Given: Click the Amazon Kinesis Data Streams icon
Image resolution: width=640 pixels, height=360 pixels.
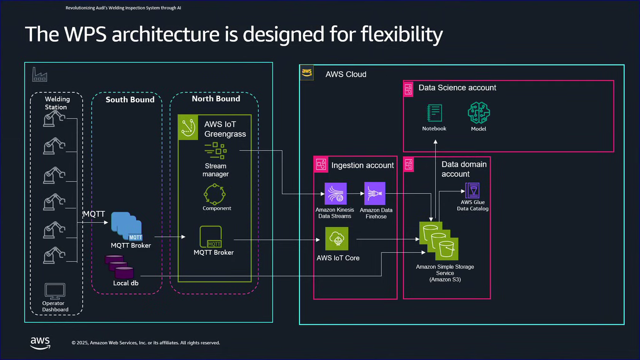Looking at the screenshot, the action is click(x=335, y=194).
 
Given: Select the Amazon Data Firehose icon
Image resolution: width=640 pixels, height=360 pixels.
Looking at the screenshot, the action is click(x=375, y=193).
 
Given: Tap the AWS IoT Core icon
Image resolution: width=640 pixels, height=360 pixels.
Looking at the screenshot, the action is click(x=337, y=239).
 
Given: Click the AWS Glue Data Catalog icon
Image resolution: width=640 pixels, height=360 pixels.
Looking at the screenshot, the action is click(x=472, y=190).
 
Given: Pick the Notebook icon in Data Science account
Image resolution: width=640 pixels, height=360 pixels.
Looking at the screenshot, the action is click(x=434, y=113).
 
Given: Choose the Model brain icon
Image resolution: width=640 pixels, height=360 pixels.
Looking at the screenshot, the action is click(x=479, y=113).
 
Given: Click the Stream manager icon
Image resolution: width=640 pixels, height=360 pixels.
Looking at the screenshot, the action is click(x=216, y=150).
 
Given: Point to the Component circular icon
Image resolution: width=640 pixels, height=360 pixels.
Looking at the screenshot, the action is click(x=215, y=194).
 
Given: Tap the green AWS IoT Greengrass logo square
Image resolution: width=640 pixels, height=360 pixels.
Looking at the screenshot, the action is click(x=188, y=128).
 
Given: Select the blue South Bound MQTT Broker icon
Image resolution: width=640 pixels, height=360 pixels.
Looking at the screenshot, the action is click(x=127, y=226).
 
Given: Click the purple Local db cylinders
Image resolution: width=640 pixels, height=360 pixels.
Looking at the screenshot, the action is click(x=119, y=267).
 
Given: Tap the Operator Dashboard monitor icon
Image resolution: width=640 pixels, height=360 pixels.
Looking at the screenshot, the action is click(x=55, y=291).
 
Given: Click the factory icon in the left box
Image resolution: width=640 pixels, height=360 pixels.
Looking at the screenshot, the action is click(x=40, y=74).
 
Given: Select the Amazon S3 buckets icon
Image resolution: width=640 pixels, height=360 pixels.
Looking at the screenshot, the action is click(x=439, y=241).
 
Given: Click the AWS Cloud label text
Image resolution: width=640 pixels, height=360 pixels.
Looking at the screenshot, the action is click(x=346, y=74).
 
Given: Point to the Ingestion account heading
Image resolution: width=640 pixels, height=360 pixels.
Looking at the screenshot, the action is click(x=362, y=165).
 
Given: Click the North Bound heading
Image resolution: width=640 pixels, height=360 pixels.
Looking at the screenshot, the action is click(x=216, y=99).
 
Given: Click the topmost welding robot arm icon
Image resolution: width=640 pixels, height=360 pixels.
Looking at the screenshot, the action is click(x=54, y=118).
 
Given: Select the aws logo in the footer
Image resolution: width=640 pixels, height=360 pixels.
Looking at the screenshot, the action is click(x=40, y=343).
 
